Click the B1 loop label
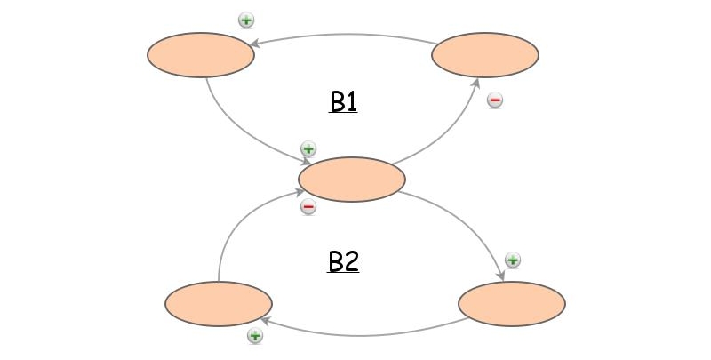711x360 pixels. click(343, 102)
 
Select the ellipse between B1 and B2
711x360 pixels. click(352, 180)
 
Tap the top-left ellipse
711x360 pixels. click(201, 55)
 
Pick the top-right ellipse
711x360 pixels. click(485, 55)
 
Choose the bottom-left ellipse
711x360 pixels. click(219, 304)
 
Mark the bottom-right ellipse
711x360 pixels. click(512, 304)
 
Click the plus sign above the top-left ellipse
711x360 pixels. click(246, 20)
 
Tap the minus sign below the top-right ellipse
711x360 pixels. click(496, 100)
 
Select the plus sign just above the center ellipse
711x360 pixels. click(308, 148)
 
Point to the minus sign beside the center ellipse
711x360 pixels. click(308, 207)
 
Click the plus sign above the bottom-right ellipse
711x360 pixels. click(513, 260)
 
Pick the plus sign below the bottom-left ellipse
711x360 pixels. click(255, 336)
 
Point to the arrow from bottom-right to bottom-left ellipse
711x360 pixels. click(364, 334)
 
